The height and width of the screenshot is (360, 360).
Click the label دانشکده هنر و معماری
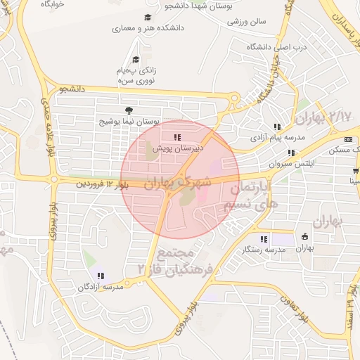tap(147, 29)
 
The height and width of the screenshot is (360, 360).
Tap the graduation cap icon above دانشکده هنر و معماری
tap(147, 18)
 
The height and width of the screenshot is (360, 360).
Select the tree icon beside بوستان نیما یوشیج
tap(128, 110)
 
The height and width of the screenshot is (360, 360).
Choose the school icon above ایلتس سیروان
tap(290, 152)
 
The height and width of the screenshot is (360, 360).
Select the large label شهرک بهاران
tap(178, 182)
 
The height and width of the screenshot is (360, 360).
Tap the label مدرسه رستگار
tap(264, 250)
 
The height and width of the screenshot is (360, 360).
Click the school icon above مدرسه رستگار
tap(264, 238)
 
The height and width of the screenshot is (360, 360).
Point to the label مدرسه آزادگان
tap(104, 287)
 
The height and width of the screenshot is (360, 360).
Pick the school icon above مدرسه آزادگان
tap(101, 276)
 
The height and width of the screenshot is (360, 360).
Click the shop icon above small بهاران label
tap(304, 236)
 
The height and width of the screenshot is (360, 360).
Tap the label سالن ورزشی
tap(247, 21)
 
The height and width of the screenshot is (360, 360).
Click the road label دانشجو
tap(72, 89)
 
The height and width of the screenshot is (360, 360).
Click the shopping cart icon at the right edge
tap(356, 169)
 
